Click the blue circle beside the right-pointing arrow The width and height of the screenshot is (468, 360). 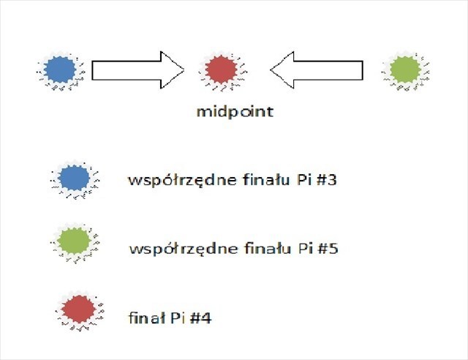pos(60,70)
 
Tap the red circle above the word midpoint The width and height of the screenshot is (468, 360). pos(219,70)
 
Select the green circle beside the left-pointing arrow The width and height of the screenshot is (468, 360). pos(405,70)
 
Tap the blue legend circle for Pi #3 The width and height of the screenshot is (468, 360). pos(73,178)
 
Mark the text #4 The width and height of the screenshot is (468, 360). pos(203,318)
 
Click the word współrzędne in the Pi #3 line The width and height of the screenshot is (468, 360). pos(173,179)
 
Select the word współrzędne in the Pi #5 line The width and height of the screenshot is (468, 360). pos(174,250)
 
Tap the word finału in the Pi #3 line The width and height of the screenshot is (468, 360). pos(257,179)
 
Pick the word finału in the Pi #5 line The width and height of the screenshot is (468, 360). pos(258,249)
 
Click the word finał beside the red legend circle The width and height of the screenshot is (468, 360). pos(144,318)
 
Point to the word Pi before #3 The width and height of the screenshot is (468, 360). pos(303,179)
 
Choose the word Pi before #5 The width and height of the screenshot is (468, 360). pos(304,249)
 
